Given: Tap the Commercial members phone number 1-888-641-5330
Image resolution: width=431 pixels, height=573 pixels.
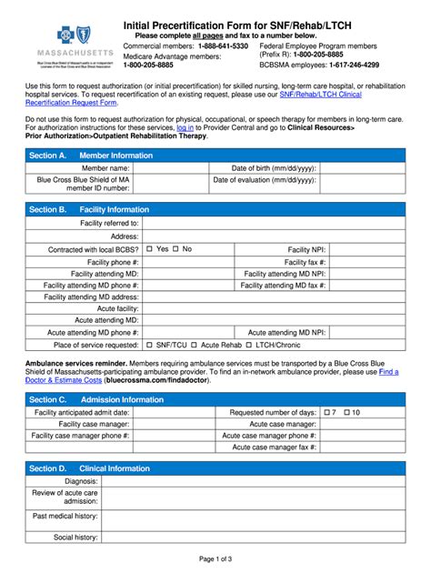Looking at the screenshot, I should (216, 45).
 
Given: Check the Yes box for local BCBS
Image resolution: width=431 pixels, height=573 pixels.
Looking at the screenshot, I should (149, 249).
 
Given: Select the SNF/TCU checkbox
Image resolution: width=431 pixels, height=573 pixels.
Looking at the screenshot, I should (149, 346).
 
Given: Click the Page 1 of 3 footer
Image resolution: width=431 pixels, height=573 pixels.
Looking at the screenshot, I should (215, 558).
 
